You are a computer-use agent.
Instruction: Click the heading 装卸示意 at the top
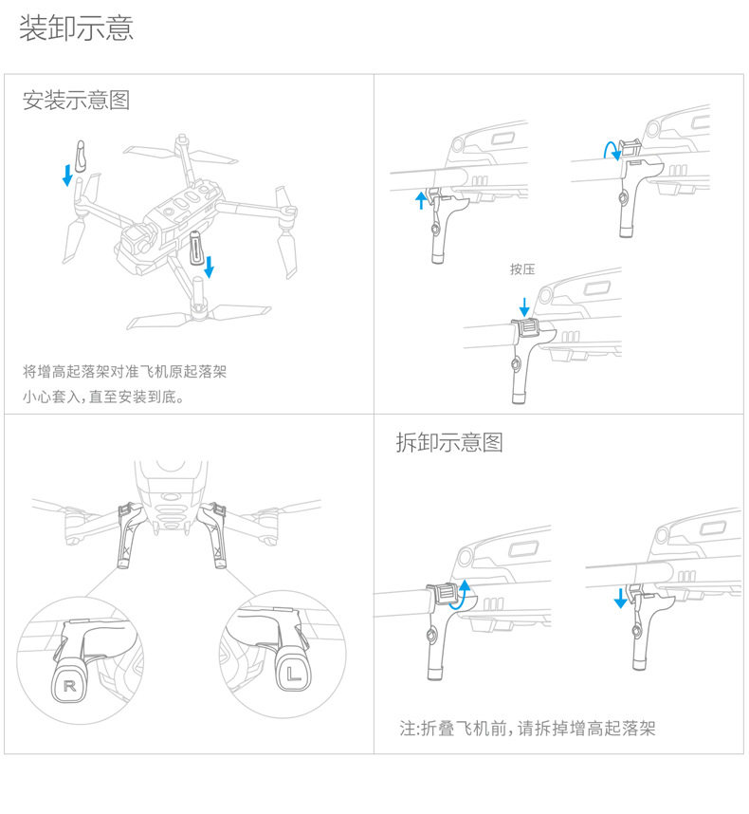(76, 28)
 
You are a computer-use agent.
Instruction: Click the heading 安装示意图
(76, 100)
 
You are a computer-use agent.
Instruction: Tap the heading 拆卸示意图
(449, 442)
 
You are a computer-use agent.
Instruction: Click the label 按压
(522, 269)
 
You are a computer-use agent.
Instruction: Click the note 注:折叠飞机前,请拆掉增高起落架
(527, 729)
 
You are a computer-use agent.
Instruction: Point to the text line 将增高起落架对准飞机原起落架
(124, 371)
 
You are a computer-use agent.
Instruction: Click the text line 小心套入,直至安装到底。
(103, 396)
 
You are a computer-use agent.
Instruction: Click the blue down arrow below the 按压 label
(524, 306)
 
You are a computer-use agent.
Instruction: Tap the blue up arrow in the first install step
(422, 199)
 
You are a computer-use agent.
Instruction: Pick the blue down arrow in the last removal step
(620, 598)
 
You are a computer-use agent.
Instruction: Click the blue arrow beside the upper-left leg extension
(67, 175)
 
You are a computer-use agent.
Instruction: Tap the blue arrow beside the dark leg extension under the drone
(210, 267)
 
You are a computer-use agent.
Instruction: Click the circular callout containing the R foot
(84, 663)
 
